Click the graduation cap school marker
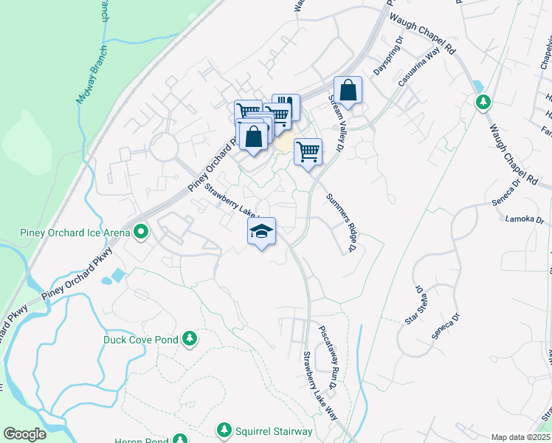261,231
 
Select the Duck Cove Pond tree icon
190,338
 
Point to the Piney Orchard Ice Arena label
74,233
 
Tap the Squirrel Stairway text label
275,431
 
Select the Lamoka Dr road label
525,219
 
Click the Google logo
24,434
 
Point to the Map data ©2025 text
520,437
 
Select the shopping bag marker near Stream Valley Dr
348,92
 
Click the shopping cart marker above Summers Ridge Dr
308,152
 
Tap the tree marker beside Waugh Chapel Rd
483,101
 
